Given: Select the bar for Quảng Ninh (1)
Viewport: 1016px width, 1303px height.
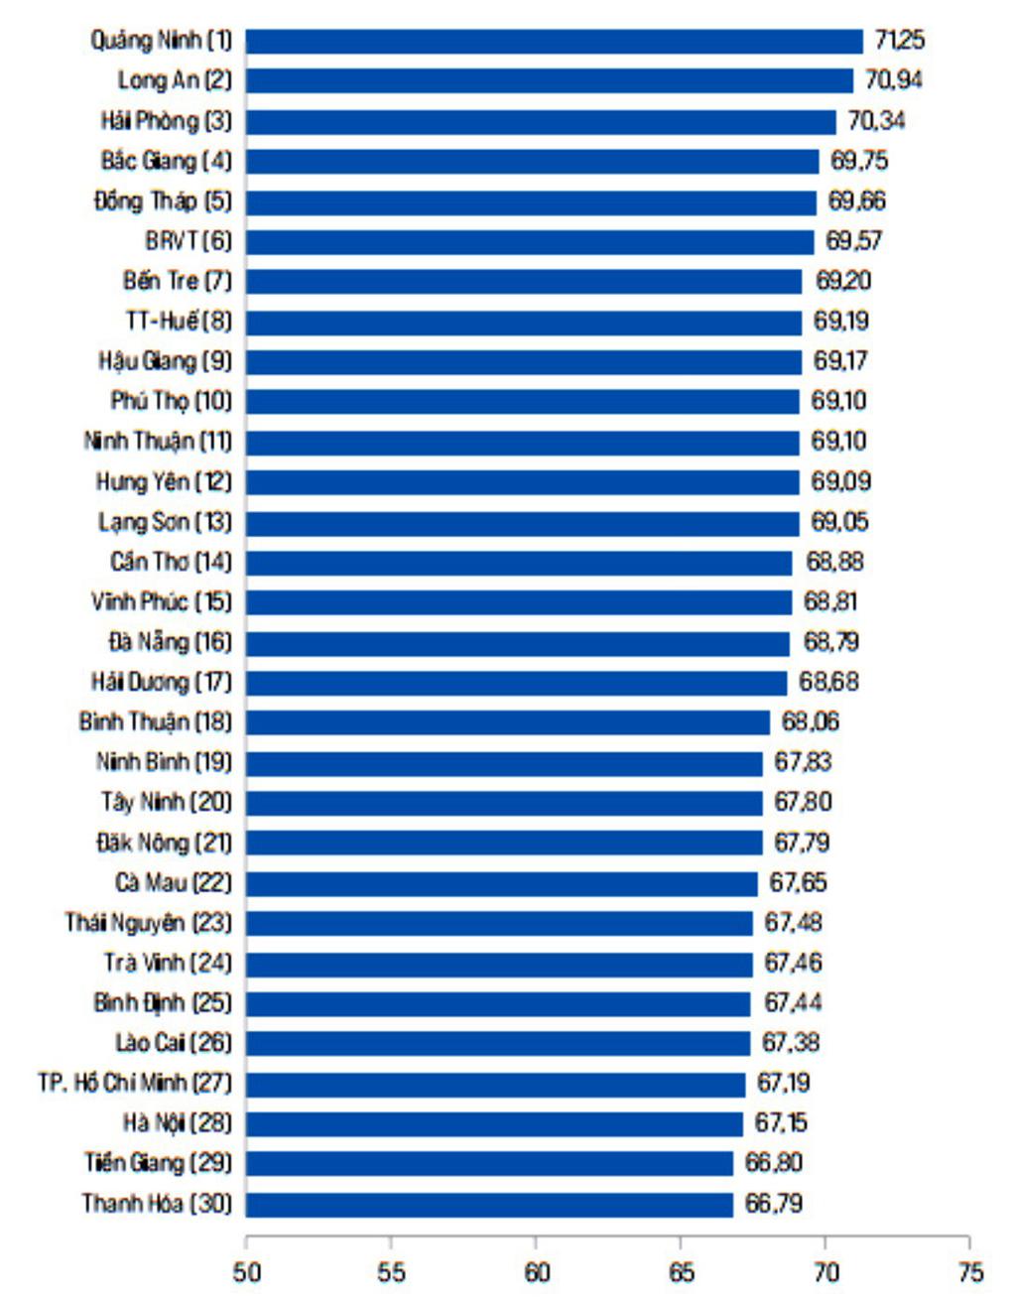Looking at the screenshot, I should coord(554,41).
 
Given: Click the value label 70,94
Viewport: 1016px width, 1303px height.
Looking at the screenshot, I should coord(893,80).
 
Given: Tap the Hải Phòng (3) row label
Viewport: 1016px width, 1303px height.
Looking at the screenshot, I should coord(166,121).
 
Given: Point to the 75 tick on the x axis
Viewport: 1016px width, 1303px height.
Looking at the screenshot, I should coord(970,1271).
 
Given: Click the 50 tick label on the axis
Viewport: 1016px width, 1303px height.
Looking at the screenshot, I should coord(246,1271).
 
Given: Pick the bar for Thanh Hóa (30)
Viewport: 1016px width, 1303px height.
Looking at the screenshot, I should coord(489,1204).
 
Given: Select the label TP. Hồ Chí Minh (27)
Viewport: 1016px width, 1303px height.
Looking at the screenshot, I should coord(135,1083).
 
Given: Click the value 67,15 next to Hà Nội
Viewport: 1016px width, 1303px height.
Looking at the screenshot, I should coord(781,1123).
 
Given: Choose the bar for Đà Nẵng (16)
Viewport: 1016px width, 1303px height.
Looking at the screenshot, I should coord(517,643).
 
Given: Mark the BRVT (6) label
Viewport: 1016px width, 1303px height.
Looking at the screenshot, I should coord(188,241).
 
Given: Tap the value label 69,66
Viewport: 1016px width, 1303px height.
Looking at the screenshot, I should coord(857,201).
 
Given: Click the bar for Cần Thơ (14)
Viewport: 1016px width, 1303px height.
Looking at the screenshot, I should coord(519,563).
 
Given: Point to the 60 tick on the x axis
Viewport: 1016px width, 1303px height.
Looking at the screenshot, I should coord(536,1271).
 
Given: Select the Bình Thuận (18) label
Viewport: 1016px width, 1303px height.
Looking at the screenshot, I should coord(155,721).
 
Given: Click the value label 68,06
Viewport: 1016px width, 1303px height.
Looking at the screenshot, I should coord(810,721).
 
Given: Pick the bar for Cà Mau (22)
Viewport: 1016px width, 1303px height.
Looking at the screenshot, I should coord(501,883).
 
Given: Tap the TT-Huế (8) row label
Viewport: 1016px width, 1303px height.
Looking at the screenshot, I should coord(178,322).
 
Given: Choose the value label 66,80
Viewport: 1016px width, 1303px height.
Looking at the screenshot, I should coord(773,1163).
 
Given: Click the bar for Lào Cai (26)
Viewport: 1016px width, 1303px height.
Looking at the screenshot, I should coord(498,1043).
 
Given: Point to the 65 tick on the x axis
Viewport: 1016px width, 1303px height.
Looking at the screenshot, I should coord(681,1271).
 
